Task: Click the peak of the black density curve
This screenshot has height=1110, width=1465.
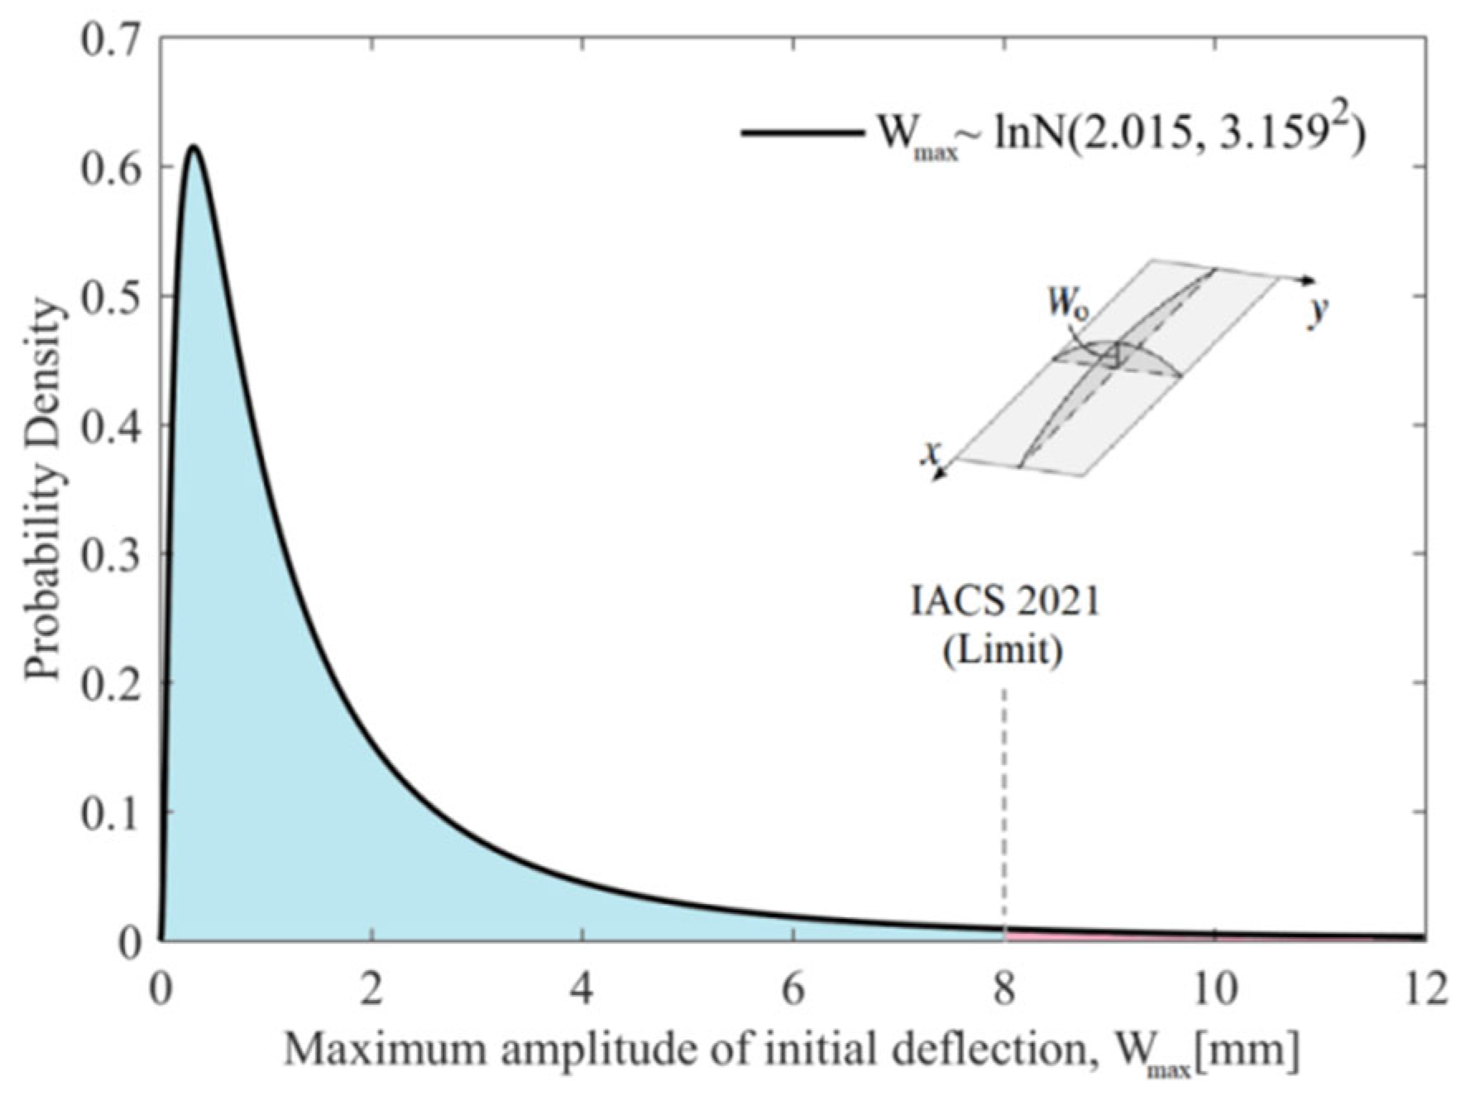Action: [x=192, y=147]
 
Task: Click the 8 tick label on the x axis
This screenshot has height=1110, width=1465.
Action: [x=1004, y=988]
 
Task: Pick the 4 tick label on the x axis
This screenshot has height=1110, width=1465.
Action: [x=583, y=988]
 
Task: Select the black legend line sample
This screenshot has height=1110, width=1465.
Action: [x=798, y=133]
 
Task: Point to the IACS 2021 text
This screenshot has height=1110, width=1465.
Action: [x=1004, y=602]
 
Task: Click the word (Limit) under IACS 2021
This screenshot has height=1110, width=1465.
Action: [x=1003, y=651]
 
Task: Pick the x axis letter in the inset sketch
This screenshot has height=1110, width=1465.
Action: [x=934, y=453]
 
